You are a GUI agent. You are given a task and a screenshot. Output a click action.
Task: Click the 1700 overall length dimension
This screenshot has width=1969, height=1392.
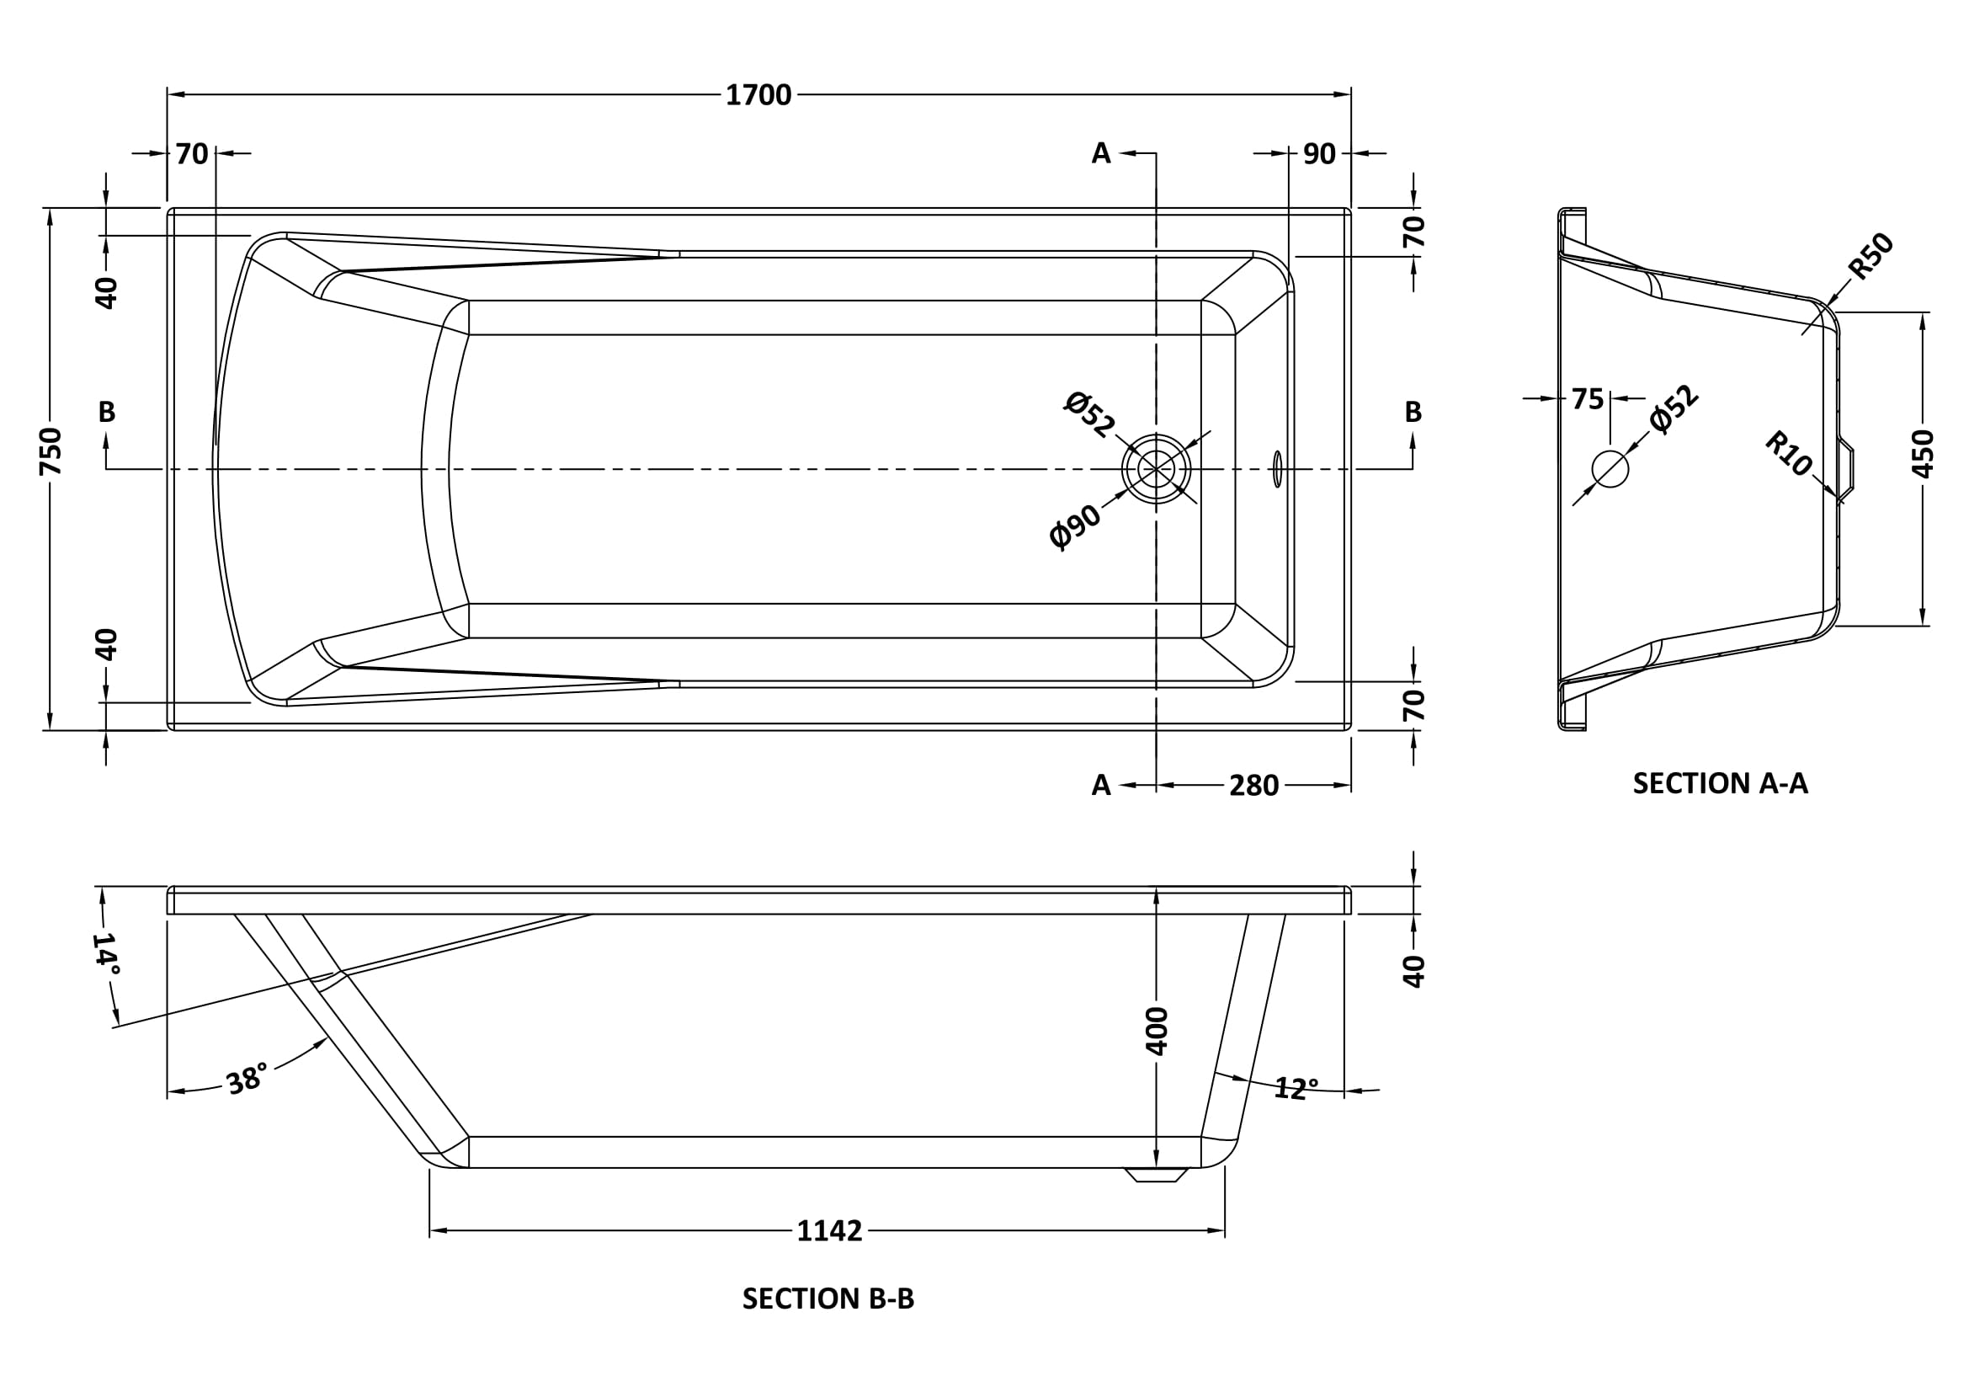pyautogui.click(x=758, y=95)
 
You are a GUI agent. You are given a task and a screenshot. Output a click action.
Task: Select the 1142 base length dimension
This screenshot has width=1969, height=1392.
pyautogui.click(x=828, y=1231)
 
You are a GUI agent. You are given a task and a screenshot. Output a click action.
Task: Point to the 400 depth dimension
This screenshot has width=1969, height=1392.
pyautogui.click(x=1157, y=1030)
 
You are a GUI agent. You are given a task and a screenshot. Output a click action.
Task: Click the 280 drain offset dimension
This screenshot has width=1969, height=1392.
pyautogui.click(x=1253, y=786)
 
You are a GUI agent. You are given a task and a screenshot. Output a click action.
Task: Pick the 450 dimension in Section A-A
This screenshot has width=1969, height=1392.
pyautogui.click(x=1924, y=453)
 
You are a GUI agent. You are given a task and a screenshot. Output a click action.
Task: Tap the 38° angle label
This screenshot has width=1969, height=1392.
pyautogui.click(x=247, y=1079)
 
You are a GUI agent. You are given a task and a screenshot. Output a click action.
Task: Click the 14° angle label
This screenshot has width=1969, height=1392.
pyautogui.click(x=105, y=953)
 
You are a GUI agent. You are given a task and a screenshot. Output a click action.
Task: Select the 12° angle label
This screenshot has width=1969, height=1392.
pyautogui.click(x=1295, y=1088)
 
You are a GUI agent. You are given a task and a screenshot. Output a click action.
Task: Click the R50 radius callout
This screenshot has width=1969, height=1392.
pyautogui.click(x=1871, y=256)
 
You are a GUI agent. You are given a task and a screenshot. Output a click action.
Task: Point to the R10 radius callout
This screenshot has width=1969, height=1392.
pyautogui.click(x=1788, y=454)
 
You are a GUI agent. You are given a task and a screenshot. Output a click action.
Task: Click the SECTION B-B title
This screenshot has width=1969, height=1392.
pyautogui.click(x=828, y=1299)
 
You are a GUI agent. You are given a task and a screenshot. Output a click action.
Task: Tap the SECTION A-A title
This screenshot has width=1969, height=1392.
pyautogui.click(x=1720, y=783)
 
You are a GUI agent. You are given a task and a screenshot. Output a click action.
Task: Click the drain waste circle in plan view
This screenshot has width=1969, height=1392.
pyautogui.click(x=1156, y=469)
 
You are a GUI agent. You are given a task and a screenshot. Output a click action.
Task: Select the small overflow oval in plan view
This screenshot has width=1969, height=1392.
pyautogui.click(x=1278, y=469)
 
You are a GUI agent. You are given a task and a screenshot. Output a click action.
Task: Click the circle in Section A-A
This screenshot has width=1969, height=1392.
pyautogui.click(x=1610, y=469)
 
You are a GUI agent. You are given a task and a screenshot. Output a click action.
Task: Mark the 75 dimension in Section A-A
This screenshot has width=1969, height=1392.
pyautogui.click(x=1587, y=399)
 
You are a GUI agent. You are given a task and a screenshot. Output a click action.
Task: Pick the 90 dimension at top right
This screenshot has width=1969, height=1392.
pyautogui.click(x=1319, y=154)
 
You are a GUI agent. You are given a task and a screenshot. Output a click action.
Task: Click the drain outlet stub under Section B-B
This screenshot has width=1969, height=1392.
pyautogui.click(x=1156, y=1174)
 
